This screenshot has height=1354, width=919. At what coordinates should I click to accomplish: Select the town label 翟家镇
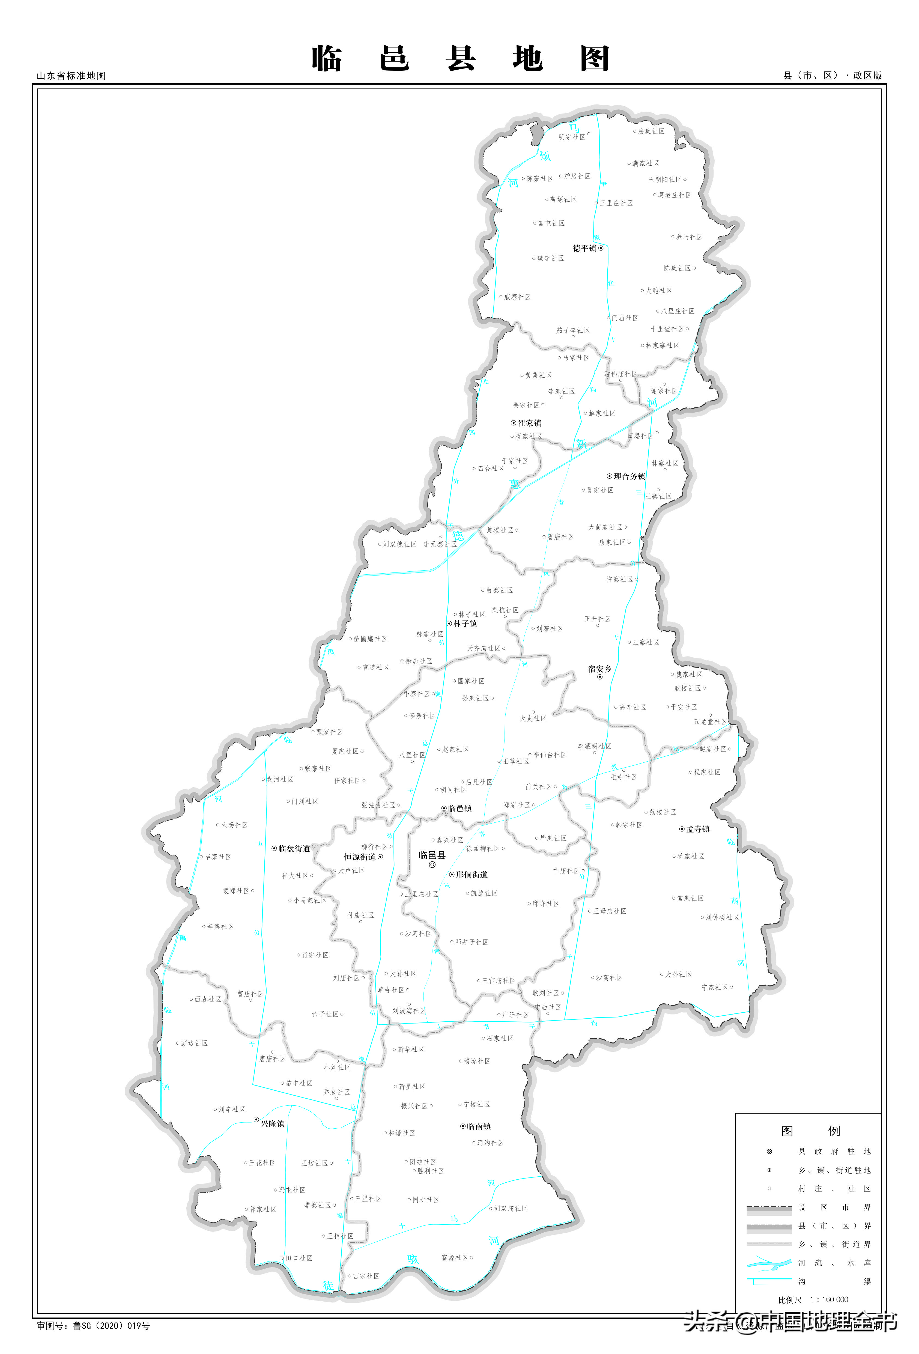pos(529,423)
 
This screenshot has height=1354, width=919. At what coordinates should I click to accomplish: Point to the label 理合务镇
pos(629,476)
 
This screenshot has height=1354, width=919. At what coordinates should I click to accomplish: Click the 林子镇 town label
pos(465,624)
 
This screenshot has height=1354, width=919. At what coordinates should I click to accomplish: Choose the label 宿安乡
pos(600,669)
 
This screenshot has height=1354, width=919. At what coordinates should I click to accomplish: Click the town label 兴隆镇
pos(272,1124)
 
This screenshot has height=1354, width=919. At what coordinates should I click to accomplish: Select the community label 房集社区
pos(651,132)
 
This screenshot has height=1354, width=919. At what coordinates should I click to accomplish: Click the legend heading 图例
pos(810,1131)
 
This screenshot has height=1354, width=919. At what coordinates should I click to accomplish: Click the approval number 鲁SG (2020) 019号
pos(111,1326)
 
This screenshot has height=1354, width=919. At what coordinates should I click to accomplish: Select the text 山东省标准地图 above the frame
pos(71,76)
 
